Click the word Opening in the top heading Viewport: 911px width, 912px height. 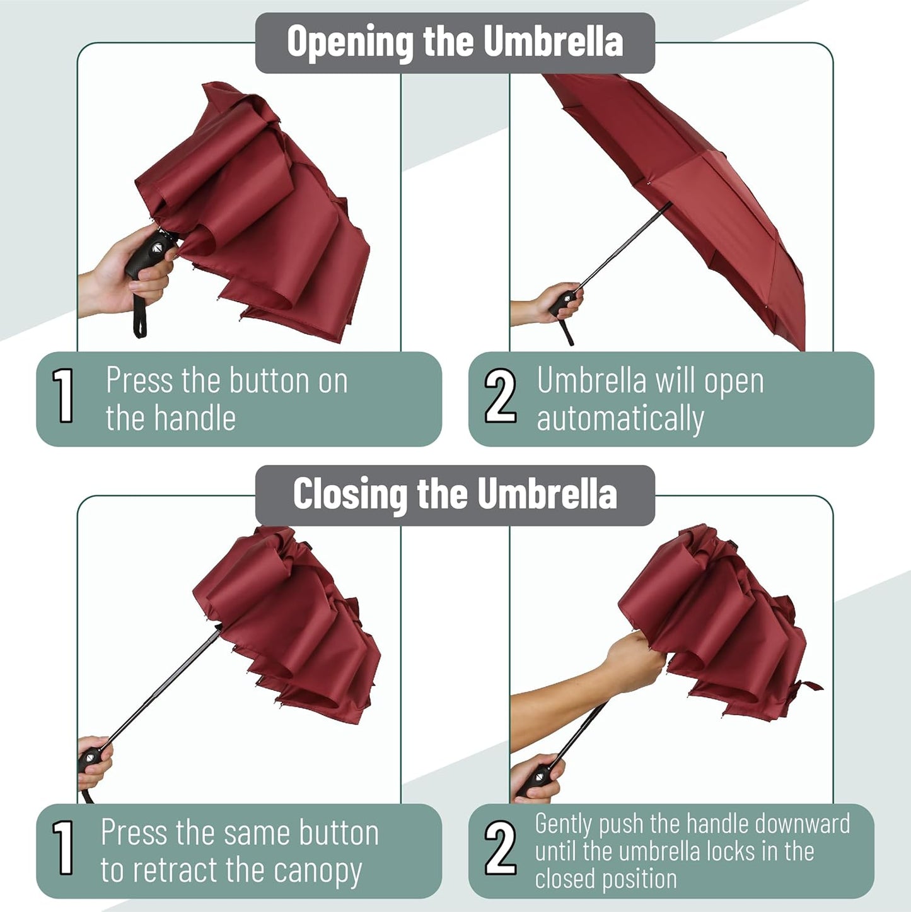349,43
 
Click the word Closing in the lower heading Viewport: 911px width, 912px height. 349,494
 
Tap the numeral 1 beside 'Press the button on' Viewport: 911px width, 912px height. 63,395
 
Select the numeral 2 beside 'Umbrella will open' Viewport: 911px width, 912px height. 500,396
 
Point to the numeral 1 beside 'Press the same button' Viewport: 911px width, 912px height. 63,848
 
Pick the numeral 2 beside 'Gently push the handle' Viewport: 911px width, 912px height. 500,849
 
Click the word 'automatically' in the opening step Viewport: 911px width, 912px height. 620,419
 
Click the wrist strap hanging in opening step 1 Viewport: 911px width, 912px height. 137,319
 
